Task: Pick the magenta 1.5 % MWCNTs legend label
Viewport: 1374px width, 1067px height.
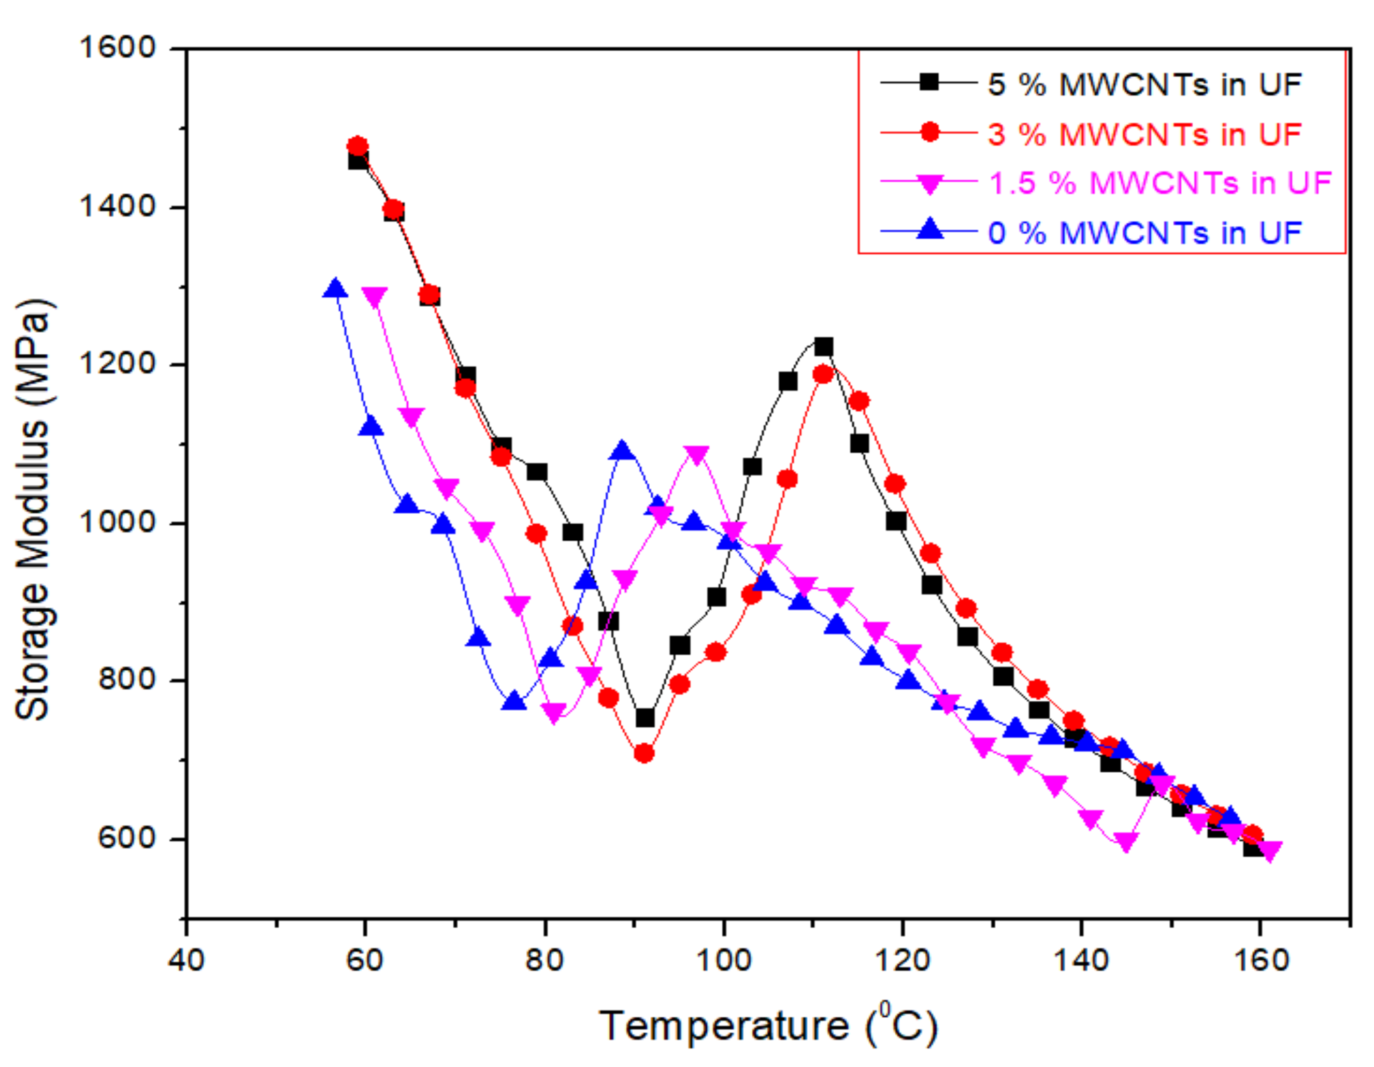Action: point(1159,183)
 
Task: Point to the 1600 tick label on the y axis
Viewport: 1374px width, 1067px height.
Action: point(117,47)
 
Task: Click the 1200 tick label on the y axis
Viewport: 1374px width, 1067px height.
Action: point(117,364)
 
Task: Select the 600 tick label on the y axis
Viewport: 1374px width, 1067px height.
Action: point(126,838)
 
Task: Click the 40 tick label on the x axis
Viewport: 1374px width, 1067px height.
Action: point(186,961)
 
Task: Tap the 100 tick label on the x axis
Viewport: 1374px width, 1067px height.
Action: point(724,961)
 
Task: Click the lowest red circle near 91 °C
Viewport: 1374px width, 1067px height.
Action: point(643,753)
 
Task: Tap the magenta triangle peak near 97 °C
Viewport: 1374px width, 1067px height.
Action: point(696,454)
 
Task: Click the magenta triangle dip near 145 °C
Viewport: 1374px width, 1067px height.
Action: point(1125,842)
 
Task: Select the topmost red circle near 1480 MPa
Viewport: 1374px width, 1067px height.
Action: point(357,147)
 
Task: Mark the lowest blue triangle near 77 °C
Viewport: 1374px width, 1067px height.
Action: point(514,701)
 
